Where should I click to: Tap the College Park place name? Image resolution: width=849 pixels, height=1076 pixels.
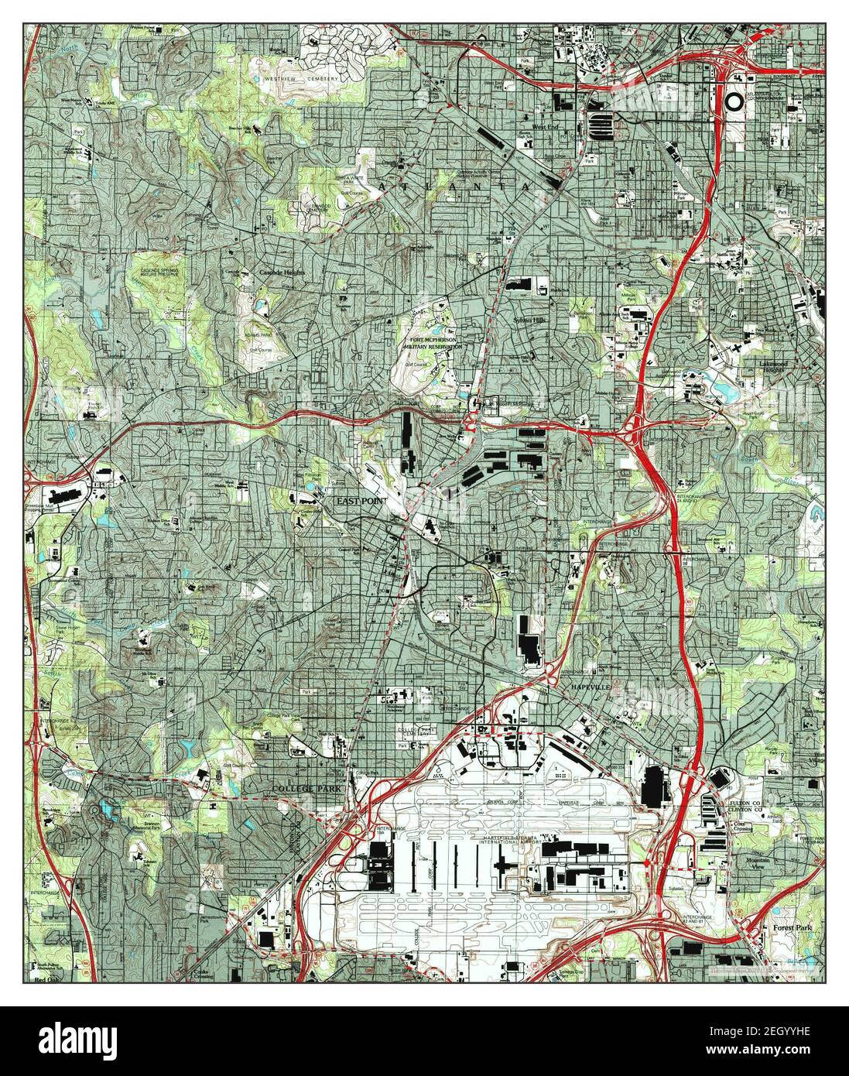tap(306, 788)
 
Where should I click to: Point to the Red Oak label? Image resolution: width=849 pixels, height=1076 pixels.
tap(46, 979)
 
